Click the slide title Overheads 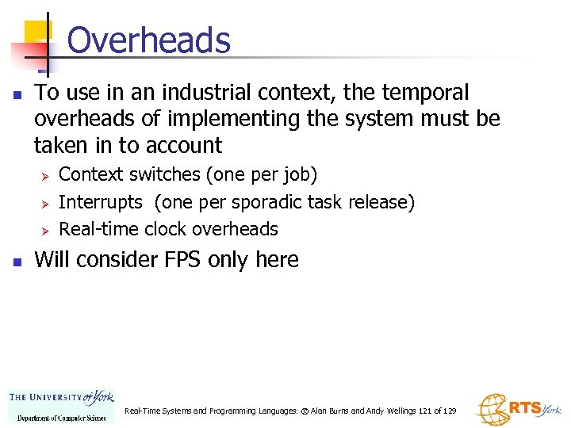pyautogui.click(x=148, y=40)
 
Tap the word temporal pyautogui.click(x=426, y=93)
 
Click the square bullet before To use pyautogui.click(x=18, y=94)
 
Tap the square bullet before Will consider pyautogui.click(x=18, y=262)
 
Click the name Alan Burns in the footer pyautogui.click(x=328, y=411)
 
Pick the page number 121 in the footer pyautogui.click(x=425, y=411)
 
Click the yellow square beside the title pyautogui.click(x=36, y=32)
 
